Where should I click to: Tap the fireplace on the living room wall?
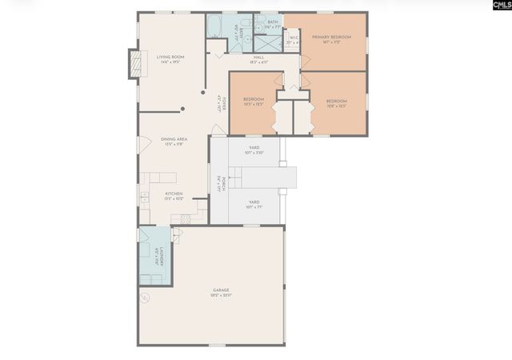[134, 64]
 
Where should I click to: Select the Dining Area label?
[175, 141]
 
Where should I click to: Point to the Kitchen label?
[174, 196]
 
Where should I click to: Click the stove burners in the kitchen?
[186, 218]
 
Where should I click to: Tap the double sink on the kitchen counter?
[145, 196]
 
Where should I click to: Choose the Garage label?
[221, 292]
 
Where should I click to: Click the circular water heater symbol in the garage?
[146, 299]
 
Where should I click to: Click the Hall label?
[258, 59]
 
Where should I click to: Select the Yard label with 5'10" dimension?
[253, 150]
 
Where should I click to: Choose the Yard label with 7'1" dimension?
[253, 204]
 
